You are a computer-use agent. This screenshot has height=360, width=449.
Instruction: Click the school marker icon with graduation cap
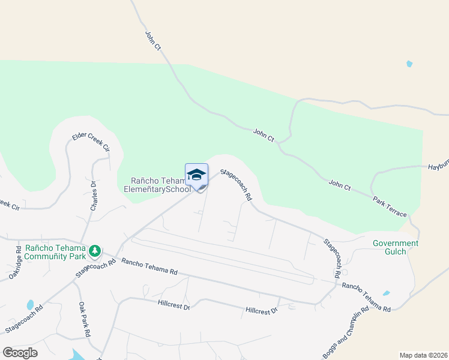(196, 175)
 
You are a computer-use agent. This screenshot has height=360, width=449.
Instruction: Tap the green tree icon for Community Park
(94, 250)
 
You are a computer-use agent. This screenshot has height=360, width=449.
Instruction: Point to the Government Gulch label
(396, 247)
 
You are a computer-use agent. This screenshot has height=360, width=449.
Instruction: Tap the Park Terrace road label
(389, 205)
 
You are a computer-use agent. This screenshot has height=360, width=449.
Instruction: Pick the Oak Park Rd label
(84, 318)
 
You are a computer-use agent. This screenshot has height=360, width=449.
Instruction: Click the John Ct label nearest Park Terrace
(340, 185)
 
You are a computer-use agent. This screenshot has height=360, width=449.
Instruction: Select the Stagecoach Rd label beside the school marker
(237, 184)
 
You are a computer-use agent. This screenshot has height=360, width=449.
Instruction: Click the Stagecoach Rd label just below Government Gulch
(332, 257)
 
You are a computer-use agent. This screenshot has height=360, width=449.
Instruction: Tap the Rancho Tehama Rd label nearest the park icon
(149, 266)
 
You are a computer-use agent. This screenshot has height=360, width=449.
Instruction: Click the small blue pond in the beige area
(409, 64)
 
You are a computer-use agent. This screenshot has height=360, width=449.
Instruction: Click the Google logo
(20, 352)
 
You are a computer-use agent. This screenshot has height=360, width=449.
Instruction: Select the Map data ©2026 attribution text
(423, 355)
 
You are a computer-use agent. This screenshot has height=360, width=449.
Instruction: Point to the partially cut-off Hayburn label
(438, 169)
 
